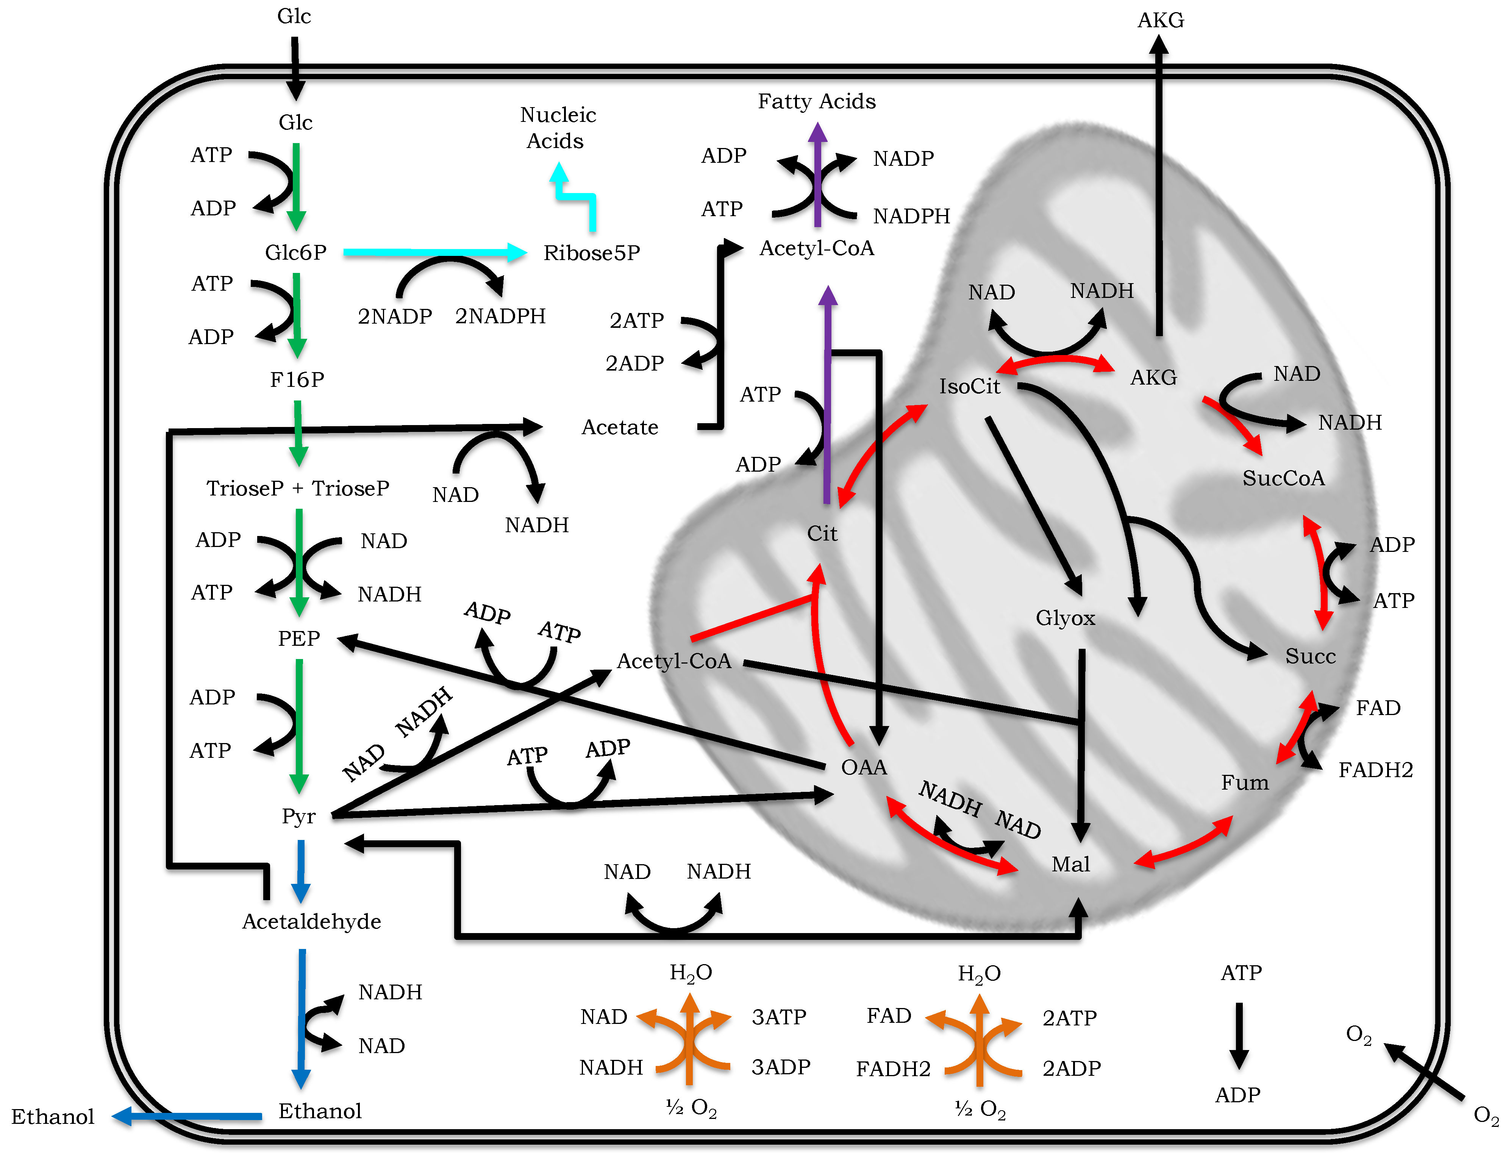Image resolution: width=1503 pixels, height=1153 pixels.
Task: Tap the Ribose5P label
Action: coord(591,253)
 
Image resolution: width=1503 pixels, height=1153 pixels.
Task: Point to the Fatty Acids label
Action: coord(816,101)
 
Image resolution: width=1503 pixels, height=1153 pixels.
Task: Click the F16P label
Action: coord(297,380)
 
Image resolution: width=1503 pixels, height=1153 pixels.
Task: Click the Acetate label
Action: coord(619,428)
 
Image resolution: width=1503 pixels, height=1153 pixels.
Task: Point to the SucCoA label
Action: coord(1283,478)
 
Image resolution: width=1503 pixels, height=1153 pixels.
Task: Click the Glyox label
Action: coord(1064,619)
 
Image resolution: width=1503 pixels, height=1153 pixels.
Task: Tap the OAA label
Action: coord(863,767)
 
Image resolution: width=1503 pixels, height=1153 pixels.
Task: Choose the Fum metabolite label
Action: coord(1244,782)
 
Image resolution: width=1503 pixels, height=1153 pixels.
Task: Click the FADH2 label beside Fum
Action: coord(1375,770)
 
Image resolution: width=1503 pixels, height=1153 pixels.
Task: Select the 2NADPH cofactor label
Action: coord(500,316)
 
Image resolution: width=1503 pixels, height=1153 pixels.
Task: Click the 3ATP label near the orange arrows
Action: coord(779,1016)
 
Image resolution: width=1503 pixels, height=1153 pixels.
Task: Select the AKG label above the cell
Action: coord(1160,20)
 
